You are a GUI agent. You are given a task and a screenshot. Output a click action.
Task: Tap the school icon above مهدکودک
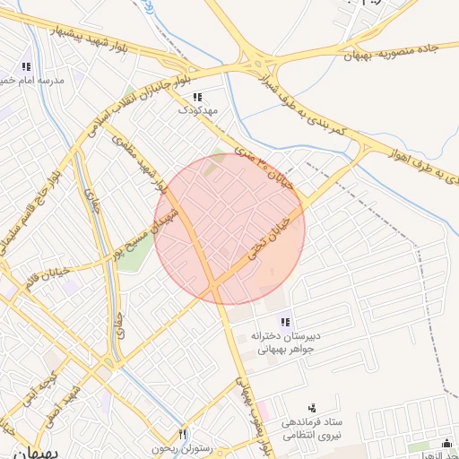pyautogui.click(x=197, y=96)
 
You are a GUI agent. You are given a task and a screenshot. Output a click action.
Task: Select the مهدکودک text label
pyautogui.click(x=197, y=109)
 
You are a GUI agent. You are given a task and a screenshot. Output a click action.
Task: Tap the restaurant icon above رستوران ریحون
pyautogui.click(x=184, y=433)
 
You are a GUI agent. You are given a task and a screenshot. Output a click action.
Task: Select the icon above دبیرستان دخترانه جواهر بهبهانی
pyautogui.click(x=285, y=322)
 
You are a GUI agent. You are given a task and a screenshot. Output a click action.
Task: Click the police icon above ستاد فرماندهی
pyautogui.click(x=312, y=408)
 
